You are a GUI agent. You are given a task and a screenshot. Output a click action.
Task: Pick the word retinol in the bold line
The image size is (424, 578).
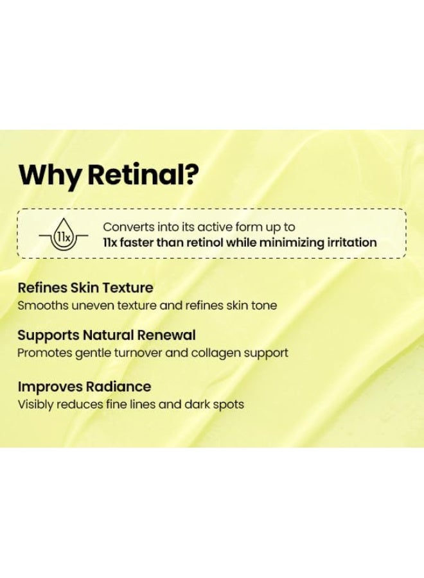[210, 243]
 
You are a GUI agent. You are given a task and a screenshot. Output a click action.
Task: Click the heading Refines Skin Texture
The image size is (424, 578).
[85, 288]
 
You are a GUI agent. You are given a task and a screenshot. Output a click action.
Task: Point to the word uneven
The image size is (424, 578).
[94, 305]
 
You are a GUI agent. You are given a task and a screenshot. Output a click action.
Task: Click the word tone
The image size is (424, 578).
[263, 305]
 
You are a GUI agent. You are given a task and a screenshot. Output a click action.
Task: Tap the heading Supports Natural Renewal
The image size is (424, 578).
[107, 335]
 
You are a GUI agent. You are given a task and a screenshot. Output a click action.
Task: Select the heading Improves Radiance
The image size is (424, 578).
[84, 387]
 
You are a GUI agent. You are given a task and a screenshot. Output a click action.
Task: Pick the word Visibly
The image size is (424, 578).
[37, 405]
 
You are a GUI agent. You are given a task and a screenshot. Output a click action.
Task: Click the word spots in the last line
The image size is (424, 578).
[228, 405]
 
